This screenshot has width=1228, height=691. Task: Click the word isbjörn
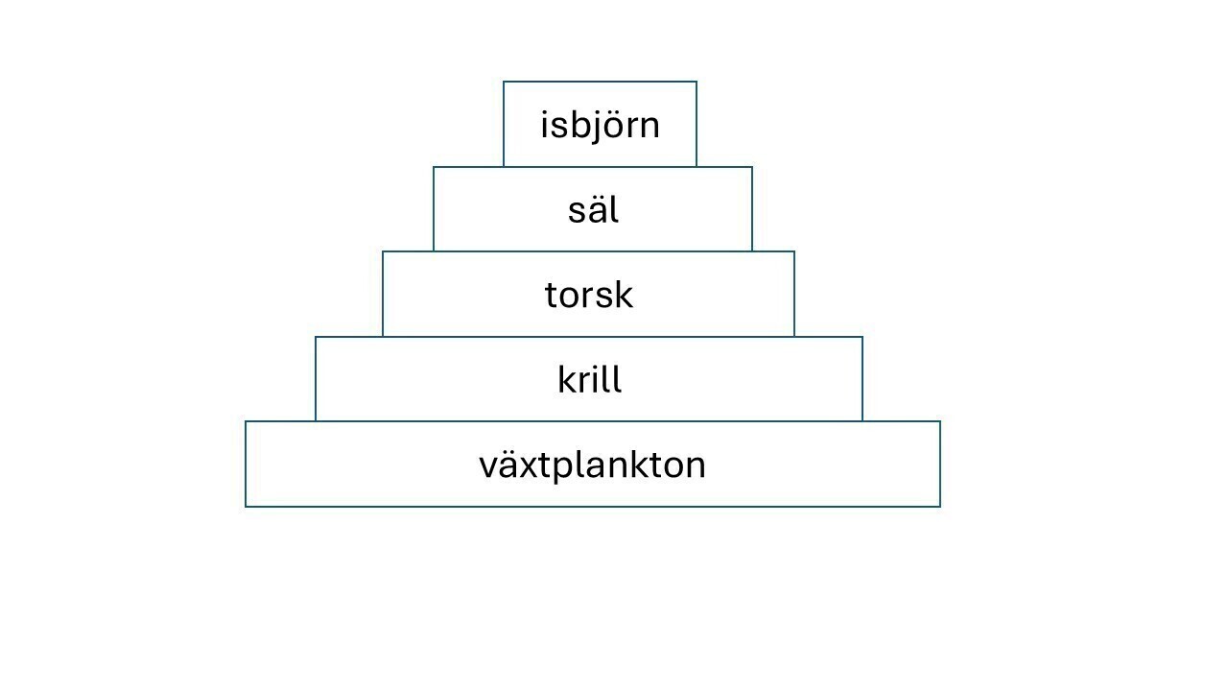point(600,126)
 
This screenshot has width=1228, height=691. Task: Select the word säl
point(593,209)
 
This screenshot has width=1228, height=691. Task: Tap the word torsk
point(589,295)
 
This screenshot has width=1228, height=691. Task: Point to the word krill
point(590,378)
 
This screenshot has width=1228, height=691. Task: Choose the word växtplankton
point(592,465)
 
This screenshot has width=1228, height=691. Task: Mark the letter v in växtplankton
point(489,466)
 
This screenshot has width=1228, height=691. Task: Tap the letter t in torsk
point(551,297)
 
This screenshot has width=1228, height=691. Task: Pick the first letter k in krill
point(567,378)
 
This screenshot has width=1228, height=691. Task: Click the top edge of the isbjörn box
point(600,82)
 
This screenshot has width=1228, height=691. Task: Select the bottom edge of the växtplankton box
point(593,506)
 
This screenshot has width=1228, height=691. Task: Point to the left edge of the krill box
point(316,379)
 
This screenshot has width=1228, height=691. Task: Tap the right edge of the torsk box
point(794,294)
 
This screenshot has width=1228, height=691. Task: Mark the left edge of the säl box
point(434,209)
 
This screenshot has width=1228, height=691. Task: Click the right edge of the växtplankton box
point(940,464)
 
